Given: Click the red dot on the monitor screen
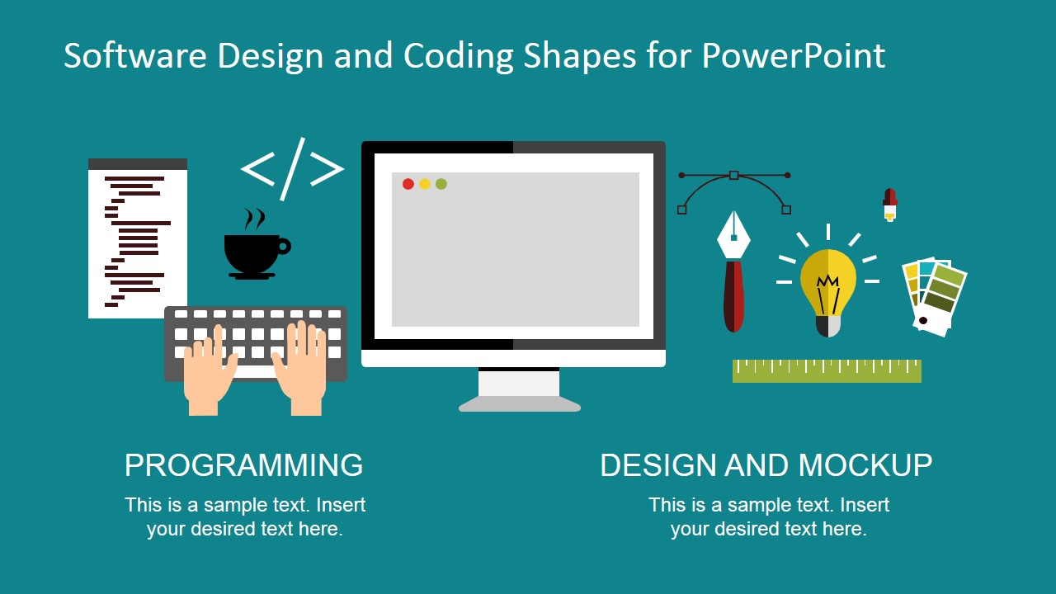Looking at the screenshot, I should (x=408, y=184).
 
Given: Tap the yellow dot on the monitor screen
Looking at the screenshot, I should (x=425, y=184).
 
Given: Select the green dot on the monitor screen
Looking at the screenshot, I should (x=441, y=184).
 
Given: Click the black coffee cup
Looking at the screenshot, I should (x=252, y=252).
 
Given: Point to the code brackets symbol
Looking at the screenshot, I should (x=292, y=169).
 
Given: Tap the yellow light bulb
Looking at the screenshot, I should (x=828, y=285).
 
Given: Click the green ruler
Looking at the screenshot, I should (x=827, y=371).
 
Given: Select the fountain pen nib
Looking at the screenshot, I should (x=733, y=236).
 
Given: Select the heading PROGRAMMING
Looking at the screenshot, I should (x=243, y=465).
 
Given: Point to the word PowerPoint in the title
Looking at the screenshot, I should (x=793, y=56).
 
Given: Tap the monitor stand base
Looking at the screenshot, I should (x=520, y=404).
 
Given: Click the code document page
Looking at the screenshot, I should (x=137, y=239).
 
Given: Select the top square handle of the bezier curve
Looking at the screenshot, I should (x=733, y=175).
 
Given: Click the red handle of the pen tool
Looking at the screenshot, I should (x=733, y=297).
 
